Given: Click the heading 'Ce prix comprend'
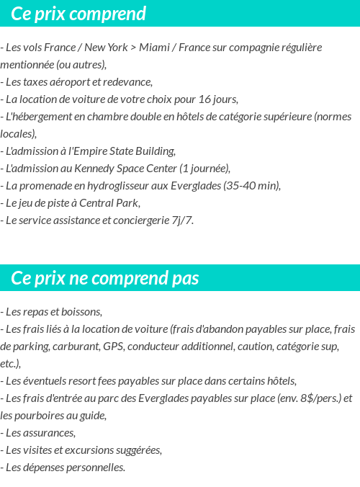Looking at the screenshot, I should (78, 14).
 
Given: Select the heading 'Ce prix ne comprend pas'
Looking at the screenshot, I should (105, 278).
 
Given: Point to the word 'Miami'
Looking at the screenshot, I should (154, 47).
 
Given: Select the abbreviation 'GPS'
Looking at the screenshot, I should (113, 346).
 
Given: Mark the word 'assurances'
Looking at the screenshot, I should (48, 432).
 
